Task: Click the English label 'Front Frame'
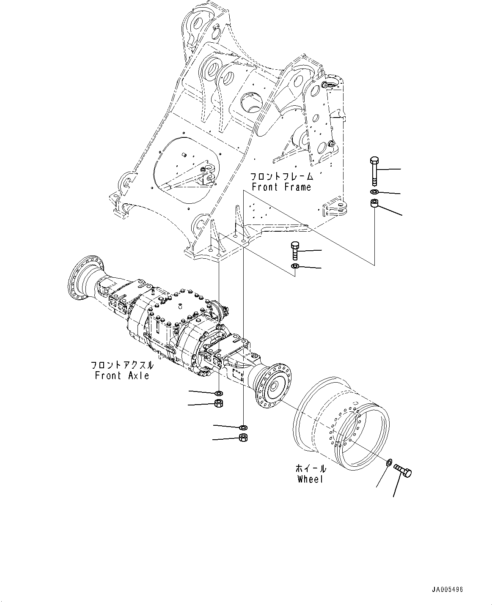click(x=281, y=187)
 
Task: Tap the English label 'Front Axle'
click(x=122, y=375)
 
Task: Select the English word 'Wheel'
click(x=310, y=479)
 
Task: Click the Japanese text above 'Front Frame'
click(x=281, y=176)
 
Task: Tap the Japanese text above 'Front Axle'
click(x=122, y=365)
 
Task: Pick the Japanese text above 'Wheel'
click(x=311, y=468)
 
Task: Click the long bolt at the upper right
click(x=375, y=171)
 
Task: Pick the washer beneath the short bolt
click(x=295, y=266)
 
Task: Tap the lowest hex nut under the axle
click(x=243, y=438)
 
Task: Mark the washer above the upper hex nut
click(x=219, y=393)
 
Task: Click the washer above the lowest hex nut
click(x=243, y=427)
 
